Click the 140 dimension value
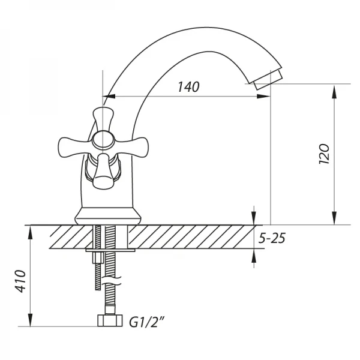pos(188,87)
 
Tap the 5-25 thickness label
pos(271,239)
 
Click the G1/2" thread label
pos(147,323)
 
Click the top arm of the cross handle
pos(103,116)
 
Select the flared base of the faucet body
pos(107,215)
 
